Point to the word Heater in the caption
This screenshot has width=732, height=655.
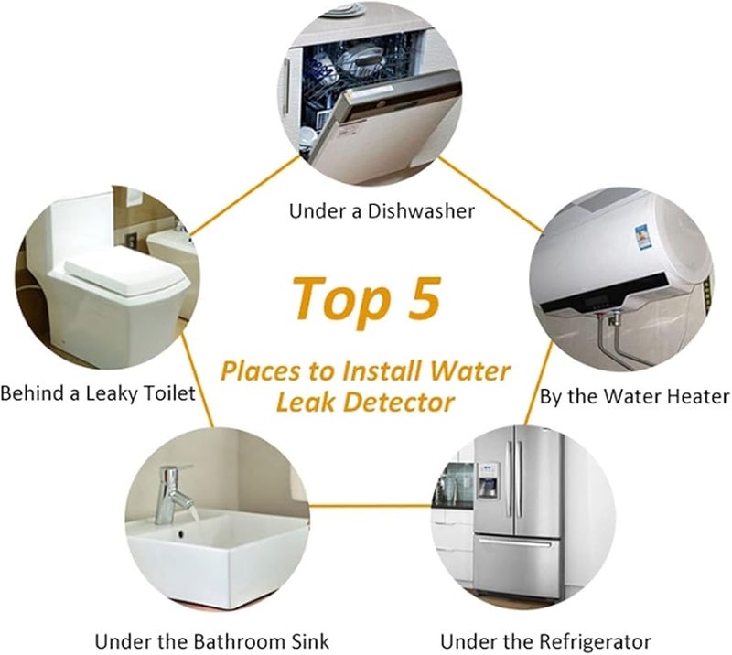(x=700, y=396)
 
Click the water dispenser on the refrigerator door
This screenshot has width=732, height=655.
(x=488, y=480)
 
